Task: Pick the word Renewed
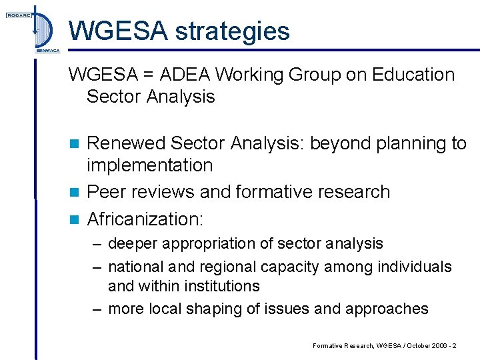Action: click(125, 143)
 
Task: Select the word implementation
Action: click(149, 165)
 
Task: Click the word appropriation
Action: click(210, 244)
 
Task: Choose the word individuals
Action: click(414, 267)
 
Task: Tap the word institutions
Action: click(219, 286)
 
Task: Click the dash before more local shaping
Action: click(96, 309)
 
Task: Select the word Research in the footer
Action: click(353, 345)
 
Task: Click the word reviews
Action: click(162, 192)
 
